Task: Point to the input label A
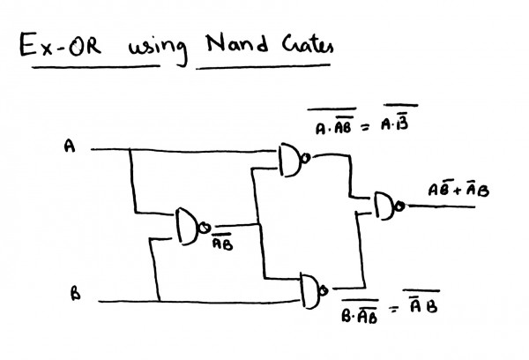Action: pos(70,148)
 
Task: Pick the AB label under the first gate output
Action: pos(222,244)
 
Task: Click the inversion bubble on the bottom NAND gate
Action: pos(328,289)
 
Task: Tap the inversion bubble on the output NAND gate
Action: pos(401,206)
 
